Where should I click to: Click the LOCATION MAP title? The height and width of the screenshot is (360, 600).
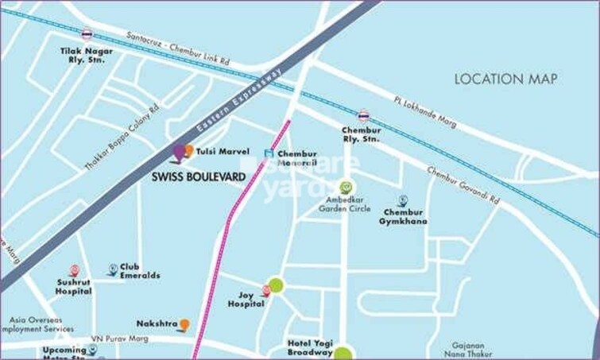tap(505, 79)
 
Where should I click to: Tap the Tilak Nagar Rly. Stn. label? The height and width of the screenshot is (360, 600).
tap(87, 55)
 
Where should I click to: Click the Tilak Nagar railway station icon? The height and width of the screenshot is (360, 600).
tap(87, 34)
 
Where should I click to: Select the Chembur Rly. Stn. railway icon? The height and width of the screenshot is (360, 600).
tap(363, 115)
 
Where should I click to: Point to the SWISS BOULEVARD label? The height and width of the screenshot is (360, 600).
tap(198, 177)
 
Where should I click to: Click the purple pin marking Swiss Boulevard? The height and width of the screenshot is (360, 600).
tap(180, 152)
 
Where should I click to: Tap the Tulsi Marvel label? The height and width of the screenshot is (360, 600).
tap(223, 152)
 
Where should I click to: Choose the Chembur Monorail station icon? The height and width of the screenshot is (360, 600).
tap(269, 153)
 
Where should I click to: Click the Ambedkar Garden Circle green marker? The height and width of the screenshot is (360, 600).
tap(344, 188)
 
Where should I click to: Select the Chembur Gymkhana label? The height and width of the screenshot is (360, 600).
tap(405, 216)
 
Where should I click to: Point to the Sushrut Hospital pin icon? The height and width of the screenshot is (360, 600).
tap(74, 270)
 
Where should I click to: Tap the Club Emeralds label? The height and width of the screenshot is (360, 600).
tap(140, 271)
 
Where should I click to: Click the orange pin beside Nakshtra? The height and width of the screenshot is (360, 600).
tap(184, 324)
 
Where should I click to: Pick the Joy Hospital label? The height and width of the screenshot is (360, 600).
tap(246, 299)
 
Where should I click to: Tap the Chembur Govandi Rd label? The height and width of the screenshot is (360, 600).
tap(463, 184)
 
